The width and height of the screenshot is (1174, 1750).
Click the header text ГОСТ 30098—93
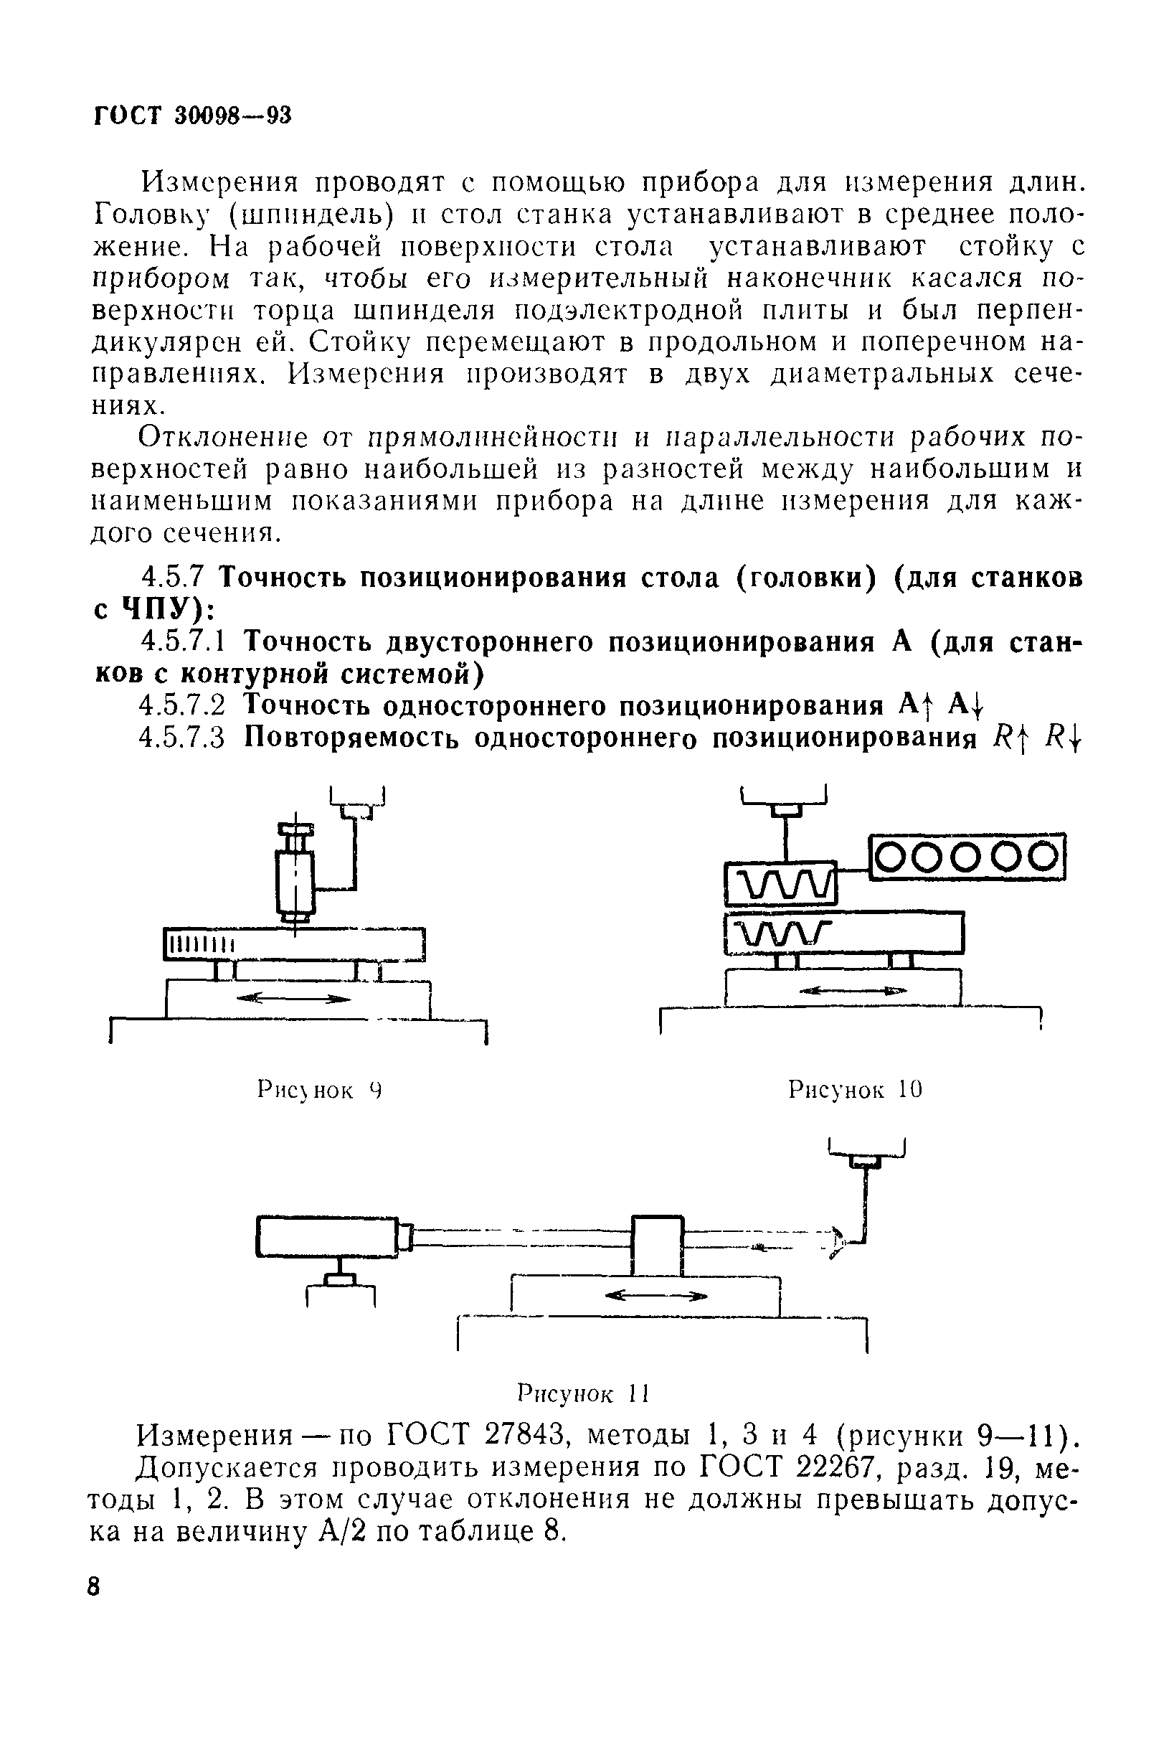pos(191,116)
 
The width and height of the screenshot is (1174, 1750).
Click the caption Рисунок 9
pos(320,1089)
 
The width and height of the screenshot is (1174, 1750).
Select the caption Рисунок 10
pos(855,1089)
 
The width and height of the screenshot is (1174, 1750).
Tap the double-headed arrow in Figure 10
pos(853,990)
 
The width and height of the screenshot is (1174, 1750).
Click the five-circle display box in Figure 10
pos(966,857)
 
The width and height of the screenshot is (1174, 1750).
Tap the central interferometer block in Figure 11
pos(658,1244)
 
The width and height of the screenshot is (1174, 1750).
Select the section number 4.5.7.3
pos(182,738)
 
